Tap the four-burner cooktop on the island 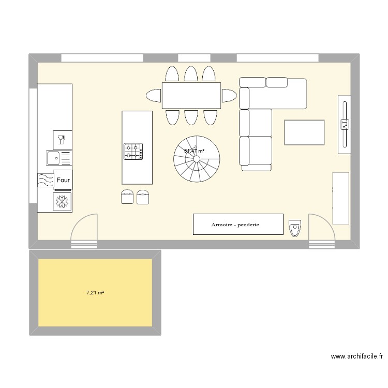[x=133, y=151]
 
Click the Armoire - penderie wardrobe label [x=235, y=225]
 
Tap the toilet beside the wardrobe [x=295, y=227]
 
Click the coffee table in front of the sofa [x=304, y=132]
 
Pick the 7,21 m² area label [x=95, y=293]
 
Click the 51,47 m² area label [x=194, y=151]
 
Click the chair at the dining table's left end [x=154, y=96]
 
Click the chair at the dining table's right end [x=229, y=96]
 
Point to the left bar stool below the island [x=127, y=197]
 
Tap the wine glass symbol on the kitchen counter [x=62, y=139]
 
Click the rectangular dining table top [x=191, y=96]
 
